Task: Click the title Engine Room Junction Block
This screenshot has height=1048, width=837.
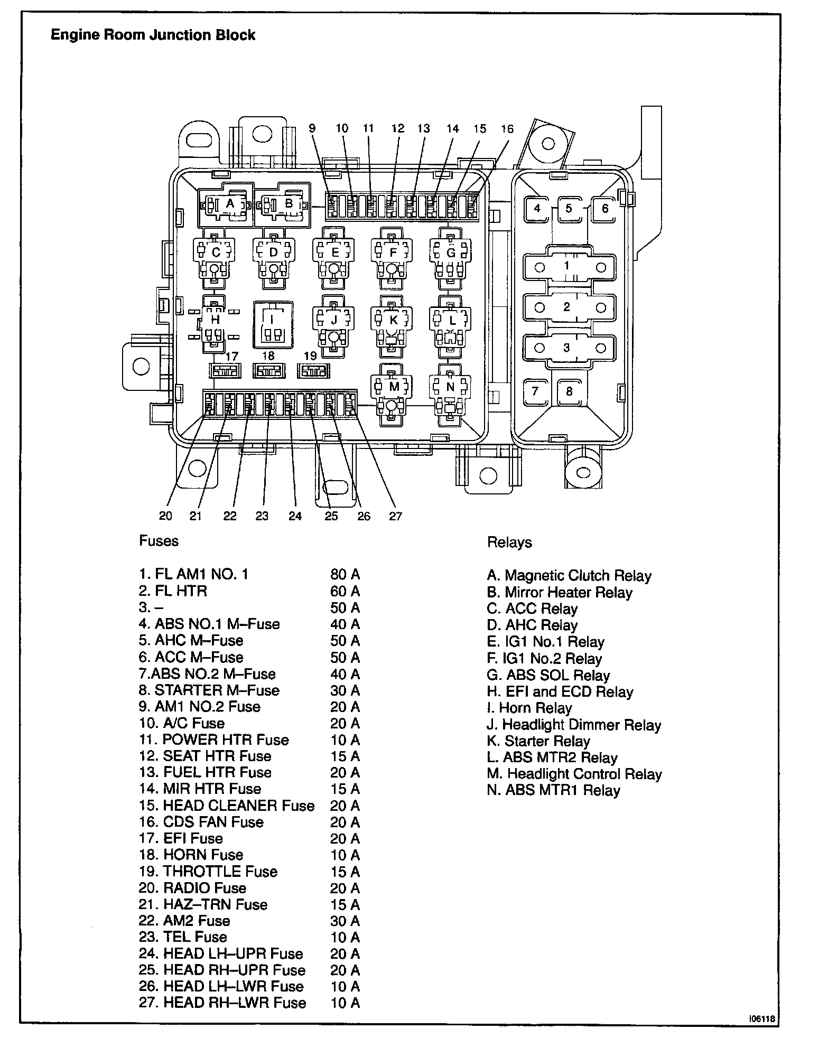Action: point(153,35)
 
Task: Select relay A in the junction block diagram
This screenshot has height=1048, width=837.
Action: point(229,204)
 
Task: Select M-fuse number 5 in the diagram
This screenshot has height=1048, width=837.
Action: point(569,209)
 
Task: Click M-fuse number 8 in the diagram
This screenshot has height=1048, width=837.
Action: point(569,391)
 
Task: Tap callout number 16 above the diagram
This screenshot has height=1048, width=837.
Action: point(507,129)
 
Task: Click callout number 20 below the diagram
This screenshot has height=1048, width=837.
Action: point(165,516)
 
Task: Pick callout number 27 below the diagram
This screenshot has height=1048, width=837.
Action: point(396,516)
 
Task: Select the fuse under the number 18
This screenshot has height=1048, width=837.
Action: point(269,371)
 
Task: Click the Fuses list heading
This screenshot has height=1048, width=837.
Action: point(159,541)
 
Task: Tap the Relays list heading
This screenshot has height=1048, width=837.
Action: point(509,542)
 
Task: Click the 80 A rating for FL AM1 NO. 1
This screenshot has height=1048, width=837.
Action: point(345,574)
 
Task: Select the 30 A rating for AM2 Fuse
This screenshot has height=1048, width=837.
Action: point(345,921)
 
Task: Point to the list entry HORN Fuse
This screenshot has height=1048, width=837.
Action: point(191,855)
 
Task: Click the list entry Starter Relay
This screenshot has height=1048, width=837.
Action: point(538,741)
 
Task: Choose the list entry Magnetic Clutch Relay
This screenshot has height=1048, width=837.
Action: point(569,576)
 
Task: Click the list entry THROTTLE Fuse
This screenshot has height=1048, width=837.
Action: point(208,872)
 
